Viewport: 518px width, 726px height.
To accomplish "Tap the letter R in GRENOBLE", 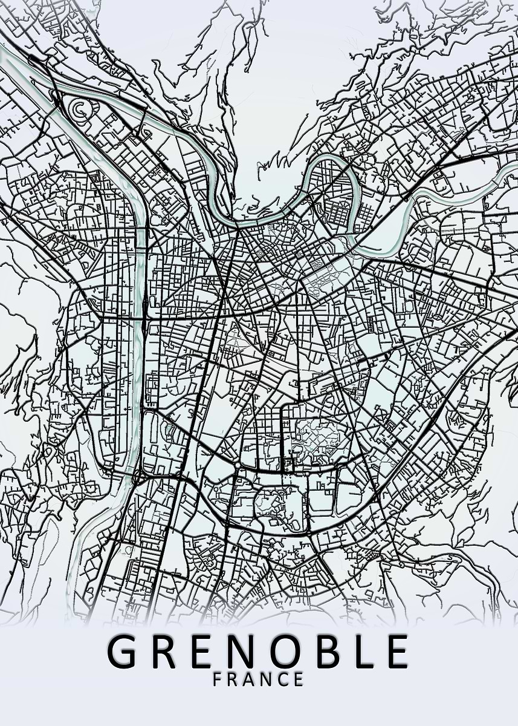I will [x=166, y=651].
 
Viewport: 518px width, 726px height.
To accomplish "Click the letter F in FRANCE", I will [x=218, y=679].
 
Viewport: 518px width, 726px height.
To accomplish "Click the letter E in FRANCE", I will [x=299, y=679].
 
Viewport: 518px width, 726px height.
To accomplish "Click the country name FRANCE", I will [x=258, y=679].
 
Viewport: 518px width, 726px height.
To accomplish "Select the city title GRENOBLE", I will [x=258, y=651].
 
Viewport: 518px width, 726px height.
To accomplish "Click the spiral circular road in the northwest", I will [x=79, y=109].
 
